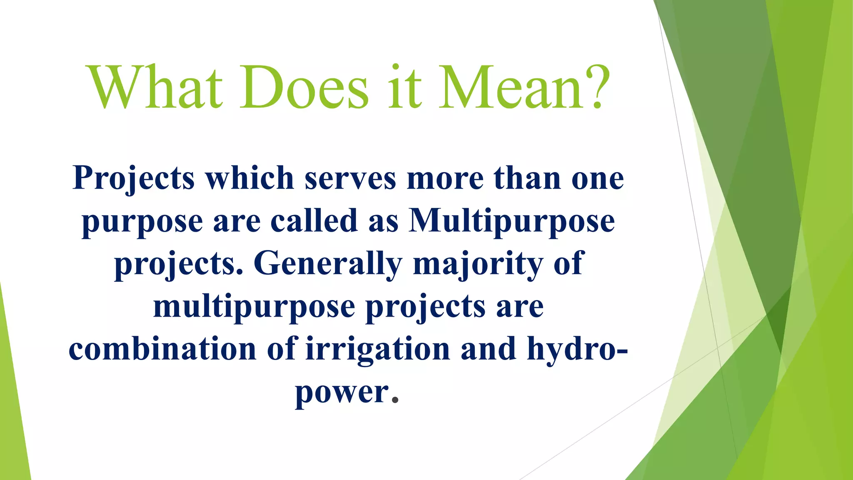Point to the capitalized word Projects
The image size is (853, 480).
coord(134,178)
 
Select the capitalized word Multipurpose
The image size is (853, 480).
coord(511,222)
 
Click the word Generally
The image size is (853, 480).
coord(328,264)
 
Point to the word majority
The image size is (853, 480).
coord(478,264)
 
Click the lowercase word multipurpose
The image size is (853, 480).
coord(254,307)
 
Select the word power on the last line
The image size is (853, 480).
coord(342,393)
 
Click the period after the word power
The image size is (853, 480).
coord(396,401)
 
